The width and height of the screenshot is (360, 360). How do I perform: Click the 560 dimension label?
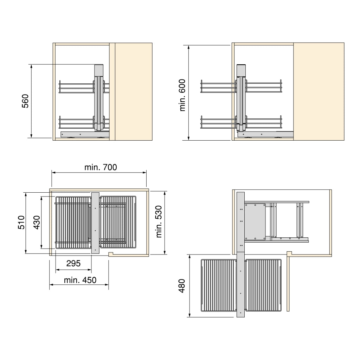coord(25,101)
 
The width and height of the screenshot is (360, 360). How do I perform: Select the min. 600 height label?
coord(182,95)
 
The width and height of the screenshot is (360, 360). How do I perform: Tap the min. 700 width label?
coord(101,167)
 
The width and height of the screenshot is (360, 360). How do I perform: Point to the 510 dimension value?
coord(21,222)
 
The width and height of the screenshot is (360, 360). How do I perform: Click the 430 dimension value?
coord(37,222)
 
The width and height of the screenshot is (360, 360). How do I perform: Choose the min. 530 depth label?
coord(159,221)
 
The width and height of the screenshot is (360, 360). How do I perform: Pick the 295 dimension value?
coord(73,263)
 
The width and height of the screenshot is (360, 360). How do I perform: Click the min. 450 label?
coord(80,280)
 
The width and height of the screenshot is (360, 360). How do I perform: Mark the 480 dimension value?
coord(182,286)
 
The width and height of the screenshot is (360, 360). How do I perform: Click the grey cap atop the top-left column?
coord(99,70)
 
